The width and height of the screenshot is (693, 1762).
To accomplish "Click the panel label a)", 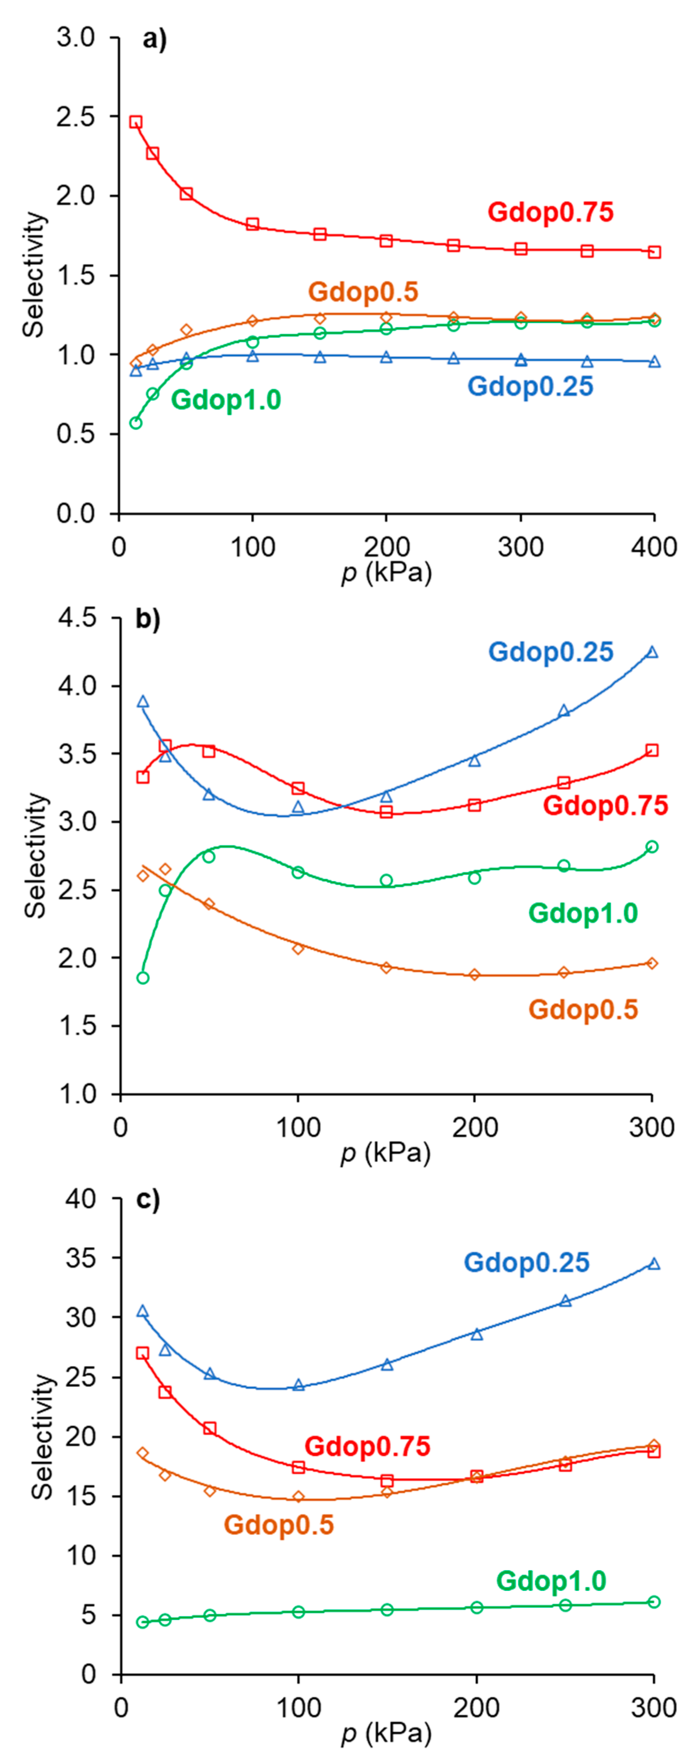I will pyautogui.click(x=154, y=40).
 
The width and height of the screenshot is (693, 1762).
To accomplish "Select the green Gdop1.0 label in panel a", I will pyautogui.click(x=226, y=399).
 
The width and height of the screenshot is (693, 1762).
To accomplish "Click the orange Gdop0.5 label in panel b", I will pyautogui.click(x=583, y=1010).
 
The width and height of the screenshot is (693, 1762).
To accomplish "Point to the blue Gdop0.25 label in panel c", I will pyautogui.click(x=526, y=1262).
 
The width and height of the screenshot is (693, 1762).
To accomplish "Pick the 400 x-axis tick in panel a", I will pyautogui.click(x=654, y=547).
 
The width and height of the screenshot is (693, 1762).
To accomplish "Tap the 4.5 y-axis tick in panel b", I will pyautogui.click(x=77, y=618).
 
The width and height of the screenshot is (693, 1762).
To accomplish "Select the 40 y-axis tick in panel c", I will pyautogui.click(x=80, y=1198).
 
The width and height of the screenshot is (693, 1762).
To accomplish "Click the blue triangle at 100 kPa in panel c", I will pyautogui.click(x=298, y=1385).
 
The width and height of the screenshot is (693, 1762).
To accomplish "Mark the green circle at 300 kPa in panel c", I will pyautogui.click(x=654, y=1602).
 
